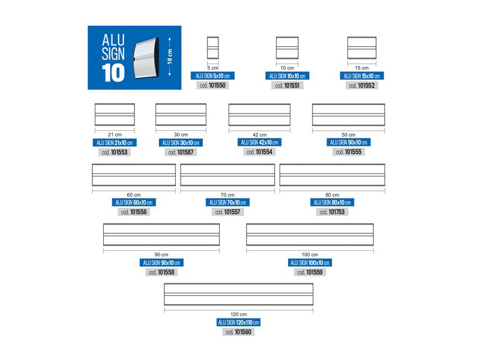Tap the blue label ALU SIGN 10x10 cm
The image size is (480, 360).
click(x=287, y=76)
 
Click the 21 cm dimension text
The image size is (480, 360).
click(x=115, y=134)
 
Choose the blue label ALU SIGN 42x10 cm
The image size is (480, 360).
click(x=259, y=142)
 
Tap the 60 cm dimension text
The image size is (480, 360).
click(x=134, y=194)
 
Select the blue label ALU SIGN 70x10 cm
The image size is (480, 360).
click(x=227, y=202)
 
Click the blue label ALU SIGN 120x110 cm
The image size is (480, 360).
click(x=238, y=322)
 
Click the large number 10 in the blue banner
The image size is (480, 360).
click(x=113, y=73)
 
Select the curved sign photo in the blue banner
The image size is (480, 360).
click(x=146, y=58)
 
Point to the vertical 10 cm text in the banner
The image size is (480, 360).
click(x=170, y=56)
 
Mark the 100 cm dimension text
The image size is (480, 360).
click(x=310, y=254)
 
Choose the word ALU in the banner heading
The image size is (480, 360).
click(x=113, y=40)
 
